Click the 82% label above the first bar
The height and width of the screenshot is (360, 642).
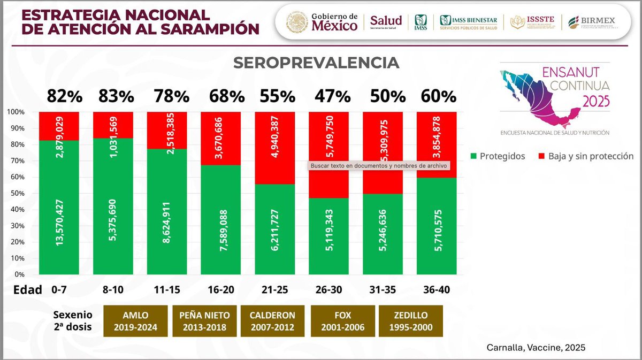click(x=64, y=96)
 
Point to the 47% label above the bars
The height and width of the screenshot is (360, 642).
click(x=332, y=96)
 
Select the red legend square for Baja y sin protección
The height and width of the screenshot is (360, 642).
click(x=541, y=156)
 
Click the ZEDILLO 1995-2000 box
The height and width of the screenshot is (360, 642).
click(x=411, y=320)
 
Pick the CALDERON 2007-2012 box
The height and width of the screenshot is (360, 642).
click(x=272, y=320)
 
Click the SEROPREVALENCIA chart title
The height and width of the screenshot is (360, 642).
click(x=316, y=63)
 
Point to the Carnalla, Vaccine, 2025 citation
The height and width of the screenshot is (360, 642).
click(x=536, y=347)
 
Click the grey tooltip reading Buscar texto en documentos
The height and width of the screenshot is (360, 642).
click(x=378, y=166)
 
